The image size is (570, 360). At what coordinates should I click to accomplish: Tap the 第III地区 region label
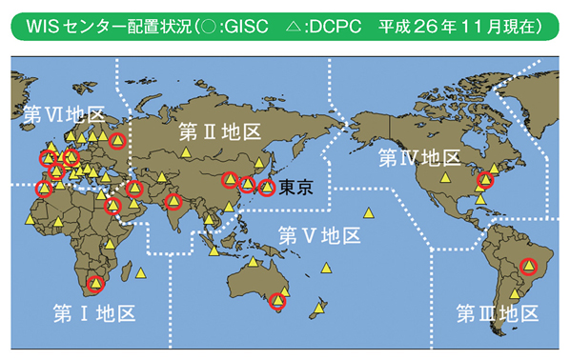[x=497, y=313]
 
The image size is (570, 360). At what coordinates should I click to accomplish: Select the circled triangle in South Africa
[x=95, y=282]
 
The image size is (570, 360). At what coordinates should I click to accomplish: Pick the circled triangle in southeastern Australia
[x=277, y=301]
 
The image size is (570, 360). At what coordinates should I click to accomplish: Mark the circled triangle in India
[x=173, y=201]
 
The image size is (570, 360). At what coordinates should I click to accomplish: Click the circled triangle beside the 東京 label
[x=268, y=188]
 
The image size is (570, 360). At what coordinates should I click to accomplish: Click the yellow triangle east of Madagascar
[x=141, y=273]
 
